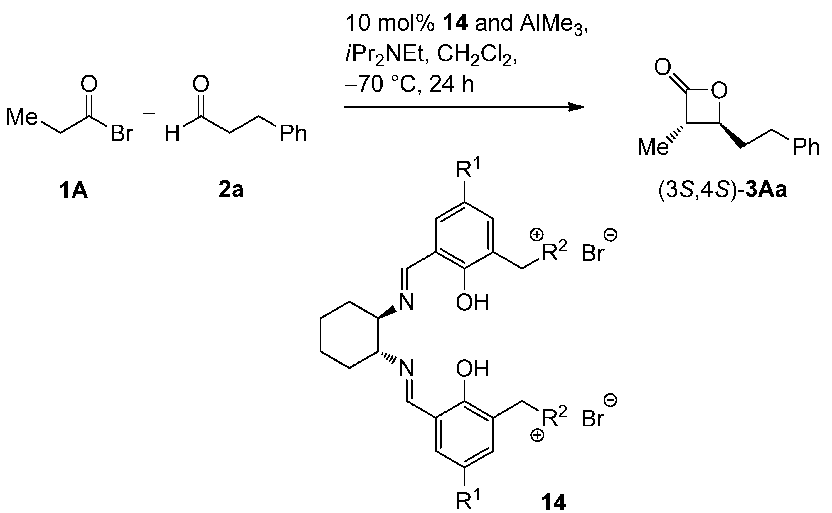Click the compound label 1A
(73, 191)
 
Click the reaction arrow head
(577, 107)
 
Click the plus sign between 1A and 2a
(149, 114)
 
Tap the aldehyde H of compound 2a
(172, 134)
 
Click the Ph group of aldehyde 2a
(293, 134)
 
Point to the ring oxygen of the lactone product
(719, 90)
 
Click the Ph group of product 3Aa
(806, 147)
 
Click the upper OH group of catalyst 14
(472, 302)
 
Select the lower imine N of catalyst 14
(407, 368)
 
